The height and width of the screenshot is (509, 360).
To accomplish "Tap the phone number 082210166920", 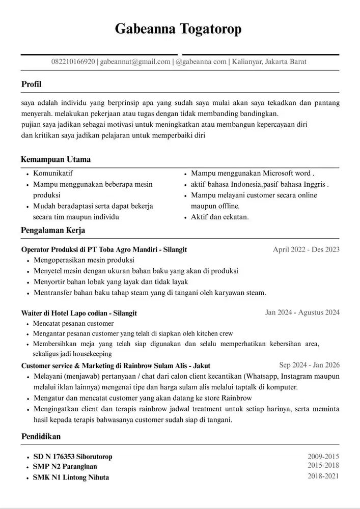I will (x=73, y=62).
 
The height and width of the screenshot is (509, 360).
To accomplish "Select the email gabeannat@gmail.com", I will (x=135, y=62).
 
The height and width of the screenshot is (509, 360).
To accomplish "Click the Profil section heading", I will (x=32, y=84).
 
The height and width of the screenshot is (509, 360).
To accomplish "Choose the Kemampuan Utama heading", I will (x=56, y=159).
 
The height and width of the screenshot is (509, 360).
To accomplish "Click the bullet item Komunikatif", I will (x=53, y=173).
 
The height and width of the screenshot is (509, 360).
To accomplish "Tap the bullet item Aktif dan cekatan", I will (x=219, y=217).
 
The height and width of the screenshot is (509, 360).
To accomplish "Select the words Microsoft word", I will (x=291, y=173).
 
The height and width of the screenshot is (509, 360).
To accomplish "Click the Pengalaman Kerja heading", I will (x=53, y=231).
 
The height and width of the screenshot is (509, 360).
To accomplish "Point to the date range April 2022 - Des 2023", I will (x=306, y=249).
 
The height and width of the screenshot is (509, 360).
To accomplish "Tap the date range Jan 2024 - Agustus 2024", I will (x=302, y=312).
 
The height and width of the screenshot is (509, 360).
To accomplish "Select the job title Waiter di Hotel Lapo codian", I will (x=79, y=313).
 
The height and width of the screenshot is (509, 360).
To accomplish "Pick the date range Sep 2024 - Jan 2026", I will (x=309, y=365).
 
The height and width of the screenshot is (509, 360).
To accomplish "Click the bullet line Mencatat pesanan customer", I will (x=73, y=323).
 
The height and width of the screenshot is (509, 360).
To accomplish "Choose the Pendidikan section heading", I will (x=41, y=437).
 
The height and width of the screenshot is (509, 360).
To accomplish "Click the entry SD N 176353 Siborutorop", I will (x=72, y=457).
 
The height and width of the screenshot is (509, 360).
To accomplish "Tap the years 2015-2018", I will (x=323, y=465).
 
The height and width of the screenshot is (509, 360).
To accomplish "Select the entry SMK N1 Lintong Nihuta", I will (x=71, y=477).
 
